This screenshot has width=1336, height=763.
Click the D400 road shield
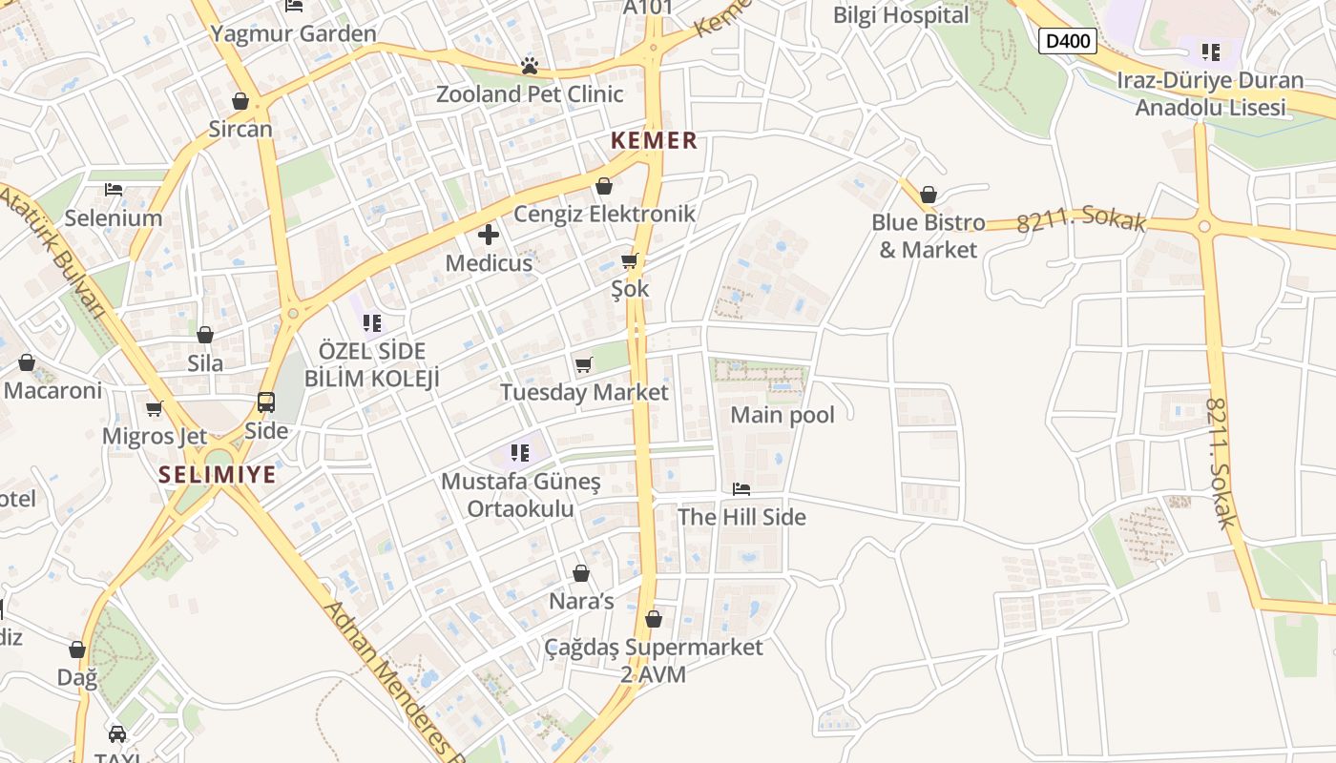click(x=1067, y=41)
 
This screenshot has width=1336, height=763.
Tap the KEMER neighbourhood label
click(x=654, y=141)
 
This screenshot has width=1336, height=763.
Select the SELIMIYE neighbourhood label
click(x=217, y=474)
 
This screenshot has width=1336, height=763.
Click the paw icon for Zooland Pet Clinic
click(x=529, y=66)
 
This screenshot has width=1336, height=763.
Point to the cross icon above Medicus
click(x=489, y=235)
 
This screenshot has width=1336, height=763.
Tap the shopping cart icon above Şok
click(x=629, y=260)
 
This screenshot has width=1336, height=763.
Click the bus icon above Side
click(x=266, y=402)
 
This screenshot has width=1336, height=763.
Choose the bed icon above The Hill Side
click(x=741, y=489)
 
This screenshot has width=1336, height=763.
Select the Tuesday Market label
click(x=584, y=392)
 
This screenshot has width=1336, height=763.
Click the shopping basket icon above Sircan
click(x=240, y=101)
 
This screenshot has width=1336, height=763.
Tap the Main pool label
click(x=782, y=415)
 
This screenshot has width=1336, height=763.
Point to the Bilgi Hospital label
click(x=900, y=15)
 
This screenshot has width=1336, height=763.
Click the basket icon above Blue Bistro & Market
click(x=929, y=196)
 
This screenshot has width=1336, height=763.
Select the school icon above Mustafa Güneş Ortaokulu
click(x=520, y=453)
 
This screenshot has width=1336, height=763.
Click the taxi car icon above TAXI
click(x=117, y=734)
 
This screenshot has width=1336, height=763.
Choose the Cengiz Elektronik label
click(x=605, y=214)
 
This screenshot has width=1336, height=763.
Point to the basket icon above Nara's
click(x=580, y=573)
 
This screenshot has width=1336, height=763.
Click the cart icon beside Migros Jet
click(x=154, y=409)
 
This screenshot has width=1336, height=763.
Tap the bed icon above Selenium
click(x=114, y=190)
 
